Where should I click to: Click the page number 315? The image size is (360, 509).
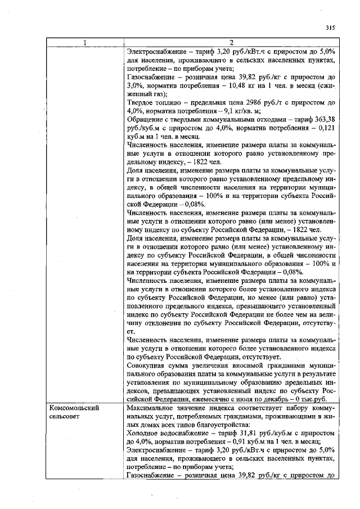[x=330, y=26]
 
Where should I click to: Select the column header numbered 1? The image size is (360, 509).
[x=85, y=43]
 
